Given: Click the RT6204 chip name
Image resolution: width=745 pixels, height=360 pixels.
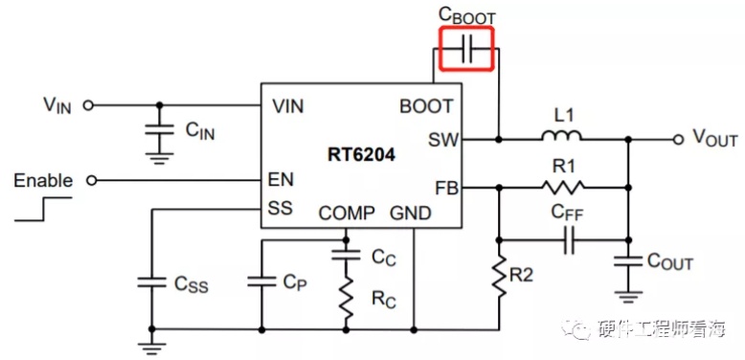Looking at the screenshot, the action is (361, 155).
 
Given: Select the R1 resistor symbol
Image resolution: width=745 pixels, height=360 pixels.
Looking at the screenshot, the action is (562, 188).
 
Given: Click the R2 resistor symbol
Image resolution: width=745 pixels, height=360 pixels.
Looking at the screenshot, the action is (498, 277).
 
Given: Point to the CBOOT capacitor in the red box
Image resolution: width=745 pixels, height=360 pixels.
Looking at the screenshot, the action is (466, 50).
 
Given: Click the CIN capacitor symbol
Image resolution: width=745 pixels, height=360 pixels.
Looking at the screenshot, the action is (160, 129).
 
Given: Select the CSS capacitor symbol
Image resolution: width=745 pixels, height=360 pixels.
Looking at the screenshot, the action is (151, 282).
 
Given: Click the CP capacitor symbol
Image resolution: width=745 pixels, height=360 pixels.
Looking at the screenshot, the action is (261, 282).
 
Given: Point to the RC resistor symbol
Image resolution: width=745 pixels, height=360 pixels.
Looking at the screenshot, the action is (346, 299).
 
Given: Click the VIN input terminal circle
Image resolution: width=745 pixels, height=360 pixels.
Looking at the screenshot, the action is (87, 105).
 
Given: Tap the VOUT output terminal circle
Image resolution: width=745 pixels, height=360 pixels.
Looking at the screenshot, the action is (679, 140).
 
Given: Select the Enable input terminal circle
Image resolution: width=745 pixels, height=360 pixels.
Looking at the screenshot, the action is (92, 180).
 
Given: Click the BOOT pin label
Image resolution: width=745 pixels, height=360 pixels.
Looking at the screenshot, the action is (426, 106).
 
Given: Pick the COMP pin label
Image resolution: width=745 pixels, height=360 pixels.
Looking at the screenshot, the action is (347, 214).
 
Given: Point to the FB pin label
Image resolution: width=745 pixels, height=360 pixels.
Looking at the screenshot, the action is (445, 189).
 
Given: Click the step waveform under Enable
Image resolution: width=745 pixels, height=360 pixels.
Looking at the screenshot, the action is (43, 209).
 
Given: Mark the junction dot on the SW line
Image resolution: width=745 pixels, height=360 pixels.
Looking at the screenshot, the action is (498, 140).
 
